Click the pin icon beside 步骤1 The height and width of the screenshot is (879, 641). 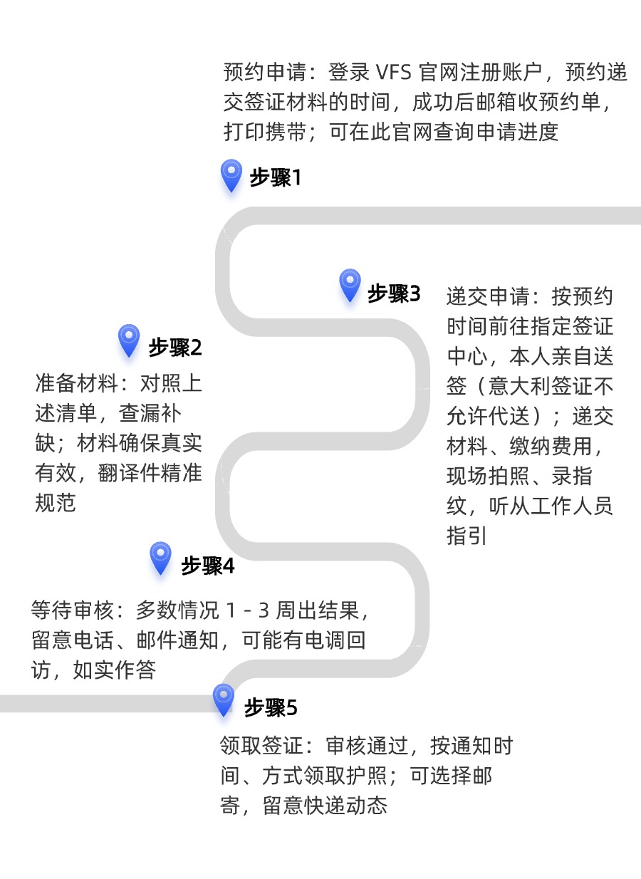point(231,175)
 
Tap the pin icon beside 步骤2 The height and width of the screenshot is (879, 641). point(129,340)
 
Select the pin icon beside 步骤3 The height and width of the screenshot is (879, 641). point(350,285)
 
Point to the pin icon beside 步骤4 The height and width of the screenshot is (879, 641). point(160,557)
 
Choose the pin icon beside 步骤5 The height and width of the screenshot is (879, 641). point(224,699)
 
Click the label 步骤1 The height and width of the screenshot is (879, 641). point(276,177)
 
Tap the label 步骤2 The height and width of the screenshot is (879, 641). point(175,348)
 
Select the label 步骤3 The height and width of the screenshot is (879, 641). point(394,293)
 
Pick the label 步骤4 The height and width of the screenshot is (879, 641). point(207,566)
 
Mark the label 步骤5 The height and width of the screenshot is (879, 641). point(271,708)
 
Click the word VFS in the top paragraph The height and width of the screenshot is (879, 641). point(394,73)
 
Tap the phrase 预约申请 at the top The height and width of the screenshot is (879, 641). point(265,73)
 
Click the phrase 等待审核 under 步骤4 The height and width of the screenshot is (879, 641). point(72,610)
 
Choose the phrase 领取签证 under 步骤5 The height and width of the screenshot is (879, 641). point(261,746)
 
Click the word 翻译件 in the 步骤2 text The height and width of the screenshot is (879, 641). point(129,473)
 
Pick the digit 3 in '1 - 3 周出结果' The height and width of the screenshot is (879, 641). point(262,610)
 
